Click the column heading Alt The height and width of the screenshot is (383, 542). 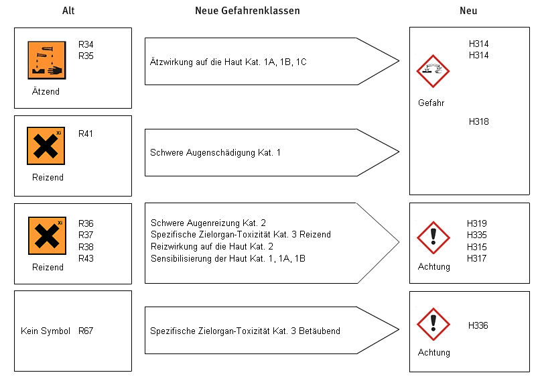pyautogui.click(x=68, y=11)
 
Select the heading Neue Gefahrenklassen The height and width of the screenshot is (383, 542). pyautogui.click(x=247, y=11)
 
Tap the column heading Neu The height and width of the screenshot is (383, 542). pyautogui.click(x=468, y=11)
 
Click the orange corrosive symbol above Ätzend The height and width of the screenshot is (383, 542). pyautogui.click(x=47, y=60)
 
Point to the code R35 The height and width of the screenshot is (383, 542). pyautogui.click(x=86, y=56)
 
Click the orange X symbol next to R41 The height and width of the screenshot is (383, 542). pyautogui.click(x=46, y=146)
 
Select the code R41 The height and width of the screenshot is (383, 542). pyautogui.click(x=85, y=133)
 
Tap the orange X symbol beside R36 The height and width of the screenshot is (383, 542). pyautogui.click(x=47, y=235)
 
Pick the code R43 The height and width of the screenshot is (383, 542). pyautogui.click(x=86, y=258)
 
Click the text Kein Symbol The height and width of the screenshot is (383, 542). pyautogui.click(x=46, y=331)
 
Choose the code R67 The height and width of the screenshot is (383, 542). pyautogui.click(x=85, y=331)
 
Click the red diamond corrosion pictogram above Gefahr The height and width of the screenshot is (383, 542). pyautogui.click(x=433, y=71)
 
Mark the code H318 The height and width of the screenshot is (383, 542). pyautogui.click(x=479, y=121)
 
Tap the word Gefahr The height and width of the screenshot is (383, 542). pyautogui.click(x=431, y=103)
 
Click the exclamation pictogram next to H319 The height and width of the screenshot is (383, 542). pyautogui.click(x=433, y=237)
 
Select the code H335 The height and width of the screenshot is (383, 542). pyautogui.click(x=476, y=235)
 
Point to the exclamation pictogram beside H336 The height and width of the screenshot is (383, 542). pyautogui.click(x=433, y=324)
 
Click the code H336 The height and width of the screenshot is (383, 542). pyautogui.click(x=478, y=325)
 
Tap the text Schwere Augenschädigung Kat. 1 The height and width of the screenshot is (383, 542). pyautogui.click(x=215, y=152)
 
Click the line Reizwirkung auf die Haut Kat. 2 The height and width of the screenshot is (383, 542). pyautogui.click(x=212, y=246)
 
